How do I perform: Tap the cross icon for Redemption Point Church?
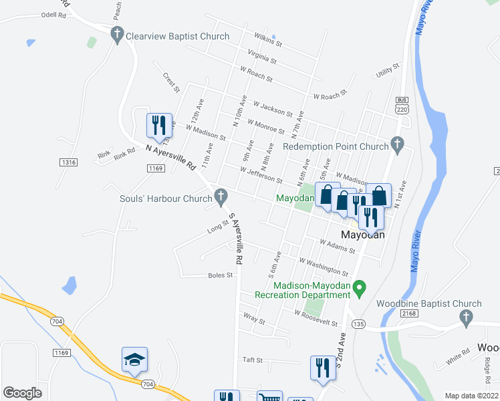[397, 144]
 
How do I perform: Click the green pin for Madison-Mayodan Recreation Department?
[359, 289]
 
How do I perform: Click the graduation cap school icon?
[134, 360]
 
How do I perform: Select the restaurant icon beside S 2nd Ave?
[323, 367]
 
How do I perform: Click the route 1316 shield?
[68, 162]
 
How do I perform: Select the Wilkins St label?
[268, 40]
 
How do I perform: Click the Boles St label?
[220, 275]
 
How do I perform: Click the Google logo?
[23, 393]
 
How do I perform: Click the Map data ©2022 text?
[471, 395]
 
